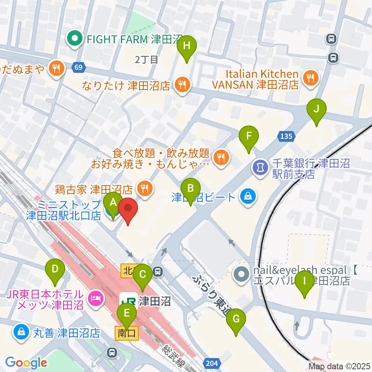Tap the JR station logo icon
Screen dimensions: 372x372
tap(128, 300)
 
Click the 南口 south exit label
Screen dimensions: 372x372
tap(126, 332)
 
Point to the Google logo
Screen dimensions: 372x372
tap(26, 363)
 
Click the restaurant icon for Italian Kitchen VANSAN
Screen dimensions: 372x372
tap(310, 79)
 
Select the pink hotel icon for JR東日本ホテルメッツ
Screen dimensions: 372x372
tap(95, 298)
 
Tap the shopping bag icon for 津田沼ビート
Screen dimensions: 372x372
tap(246, 197)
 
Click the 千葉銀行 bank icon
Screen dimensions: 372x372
tap(259, 167)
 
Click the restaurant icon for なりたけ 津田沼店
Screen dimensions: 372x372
tap(181, 83)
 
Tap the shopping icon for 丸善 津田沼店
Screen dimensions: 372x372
tap(20, 332)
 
